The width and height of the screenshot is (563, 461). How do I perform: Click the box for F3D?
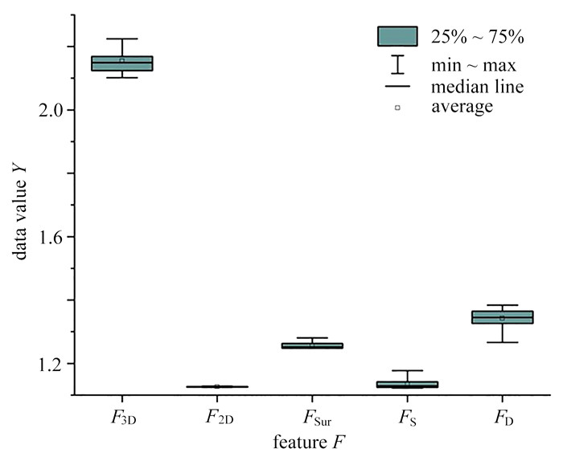122,63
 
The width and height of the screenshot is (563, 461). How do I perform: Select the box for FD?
503,317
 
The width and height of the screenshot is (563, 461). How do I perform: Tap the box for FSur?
312,345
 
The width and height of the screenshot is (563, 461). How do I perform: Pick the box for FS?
407,384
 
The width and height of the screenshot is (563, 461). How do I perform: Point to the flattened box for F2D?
217,386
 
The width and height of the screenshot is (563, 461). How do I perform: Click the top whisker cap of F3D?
122,39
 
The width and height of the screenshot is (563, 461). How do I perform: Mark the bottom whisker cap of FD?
503,342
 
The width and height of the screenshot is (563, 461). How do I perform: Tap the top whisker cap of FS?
407,370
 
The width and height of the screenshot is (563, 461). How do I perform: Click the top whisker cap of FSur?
312,337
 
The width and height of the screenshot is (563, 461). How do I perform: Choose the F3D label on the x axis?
123,418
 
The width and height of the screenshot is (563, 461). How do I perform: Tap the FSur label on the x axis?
317,418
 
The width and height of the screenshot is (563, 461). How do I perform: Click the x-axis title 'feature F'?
310,443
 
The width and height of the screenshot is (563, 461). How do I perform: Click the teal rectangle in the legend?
397,36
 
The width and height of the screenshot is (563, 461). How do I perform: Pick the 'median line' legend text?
477,87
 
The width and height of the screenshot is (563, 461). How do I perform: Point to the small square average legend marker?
397,108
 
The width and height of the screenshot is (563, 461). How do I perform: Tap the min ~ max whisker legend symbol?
397,64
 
